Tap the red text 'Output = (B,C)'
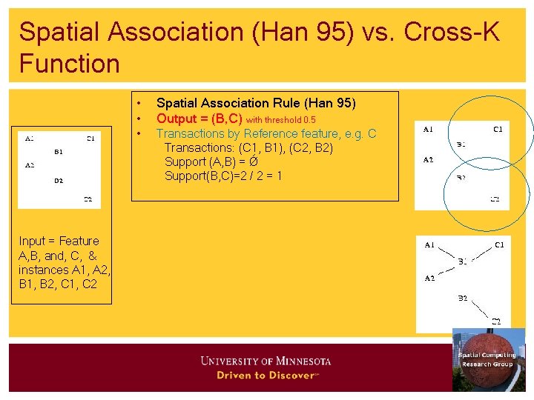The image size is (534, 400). [199, 119]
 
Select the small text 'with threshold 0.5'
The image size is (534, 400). [281, 119]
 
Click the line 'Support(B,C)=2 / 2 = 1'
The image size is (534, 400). [223, 176]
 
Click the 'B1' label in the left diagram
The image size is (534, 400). [59, 152]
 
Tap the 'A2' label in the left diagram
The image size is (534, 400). [30, 165]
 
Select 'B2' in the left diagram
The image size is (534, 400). [59, 180]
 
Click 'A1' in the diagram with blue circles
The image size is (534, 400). [428, 130]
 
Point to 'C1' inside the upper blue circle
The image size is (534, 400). [498, 130]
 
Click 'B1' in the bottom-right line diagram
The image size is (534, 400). [461, 261]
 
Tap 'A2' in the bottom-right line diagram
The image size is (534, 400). [429, 279]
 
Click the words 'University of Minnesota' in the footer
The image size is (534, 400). [266, 361]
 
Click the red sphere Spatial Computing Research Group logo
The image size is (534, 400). [487, 360]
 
